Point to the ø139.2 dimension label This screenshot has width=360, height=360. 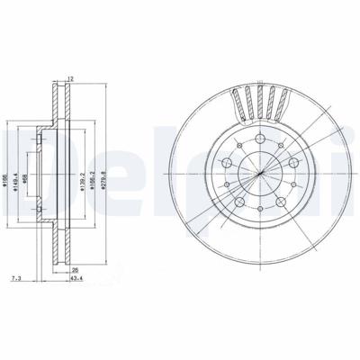click(x=82, y=174)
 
